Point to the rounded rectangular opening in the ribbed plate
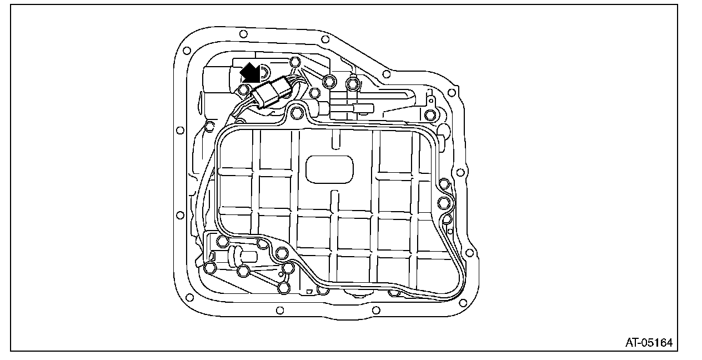329,169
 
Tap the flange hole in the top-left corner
187,51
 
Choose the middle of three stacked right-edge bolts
444,201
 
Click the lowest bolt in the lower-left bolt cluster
284,287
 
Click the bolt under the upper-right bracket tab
429,115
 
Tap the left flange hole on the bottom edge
280,309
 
